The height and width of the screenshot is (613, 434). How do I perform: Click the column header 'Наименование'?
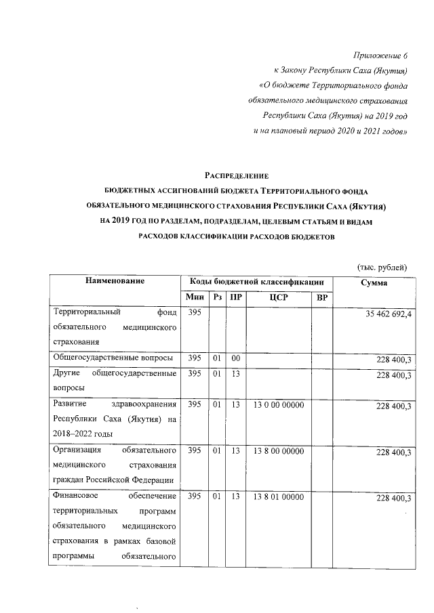coord(115,282)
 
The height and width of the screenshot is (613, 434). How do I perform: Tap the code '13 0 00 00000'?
coord(277,404)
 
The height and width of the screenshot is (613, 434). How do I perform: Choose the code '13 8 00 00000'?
coord(277,450)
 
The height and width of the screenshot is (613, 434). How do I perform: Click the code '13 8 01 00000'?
coord(277,497)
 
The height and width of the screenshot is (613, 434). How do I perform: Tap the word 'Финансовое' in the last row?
coord(76,497)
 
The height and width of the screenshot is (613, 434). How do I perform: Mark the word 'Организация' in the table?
coord(77,450)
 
